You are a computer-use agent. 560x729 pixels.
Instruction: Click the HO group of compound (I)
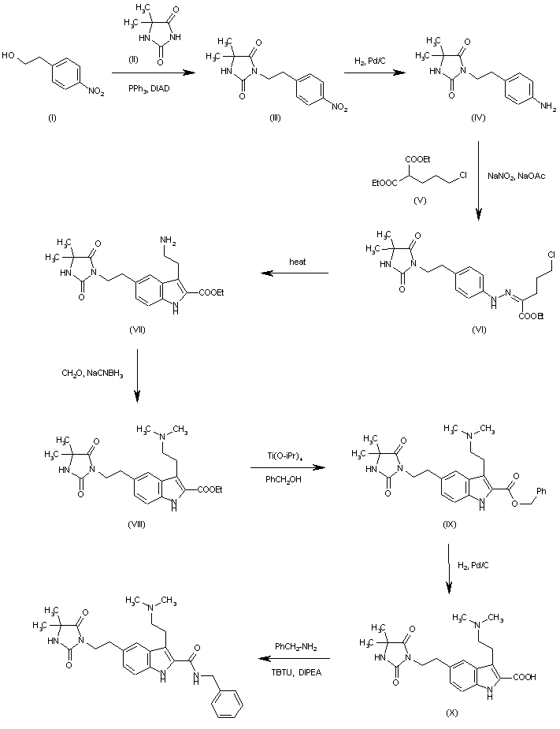[x=9, y=56]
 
